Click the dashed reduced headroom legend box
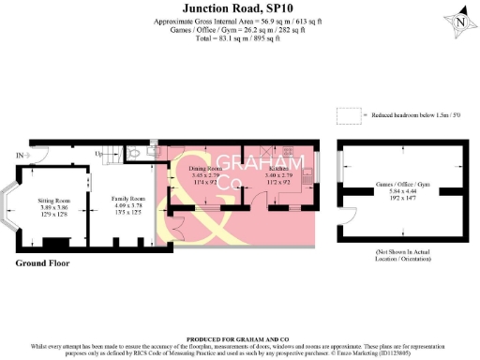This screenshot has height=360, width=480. coord(348,114)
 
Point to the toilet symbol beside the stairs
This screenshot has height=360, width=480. coord(138,154)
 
